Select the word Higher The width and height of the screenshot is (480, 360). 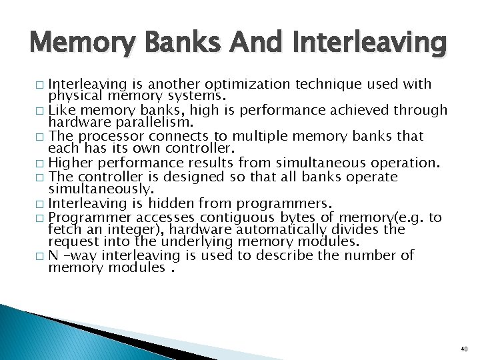(71, 163)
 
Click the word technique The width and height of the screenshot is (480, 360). (319, 85)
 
